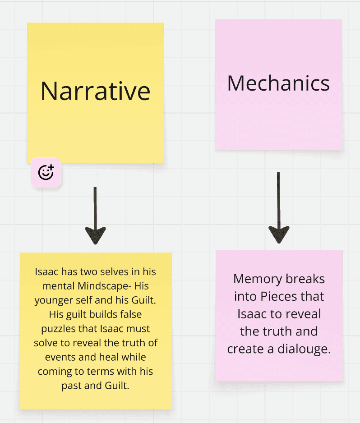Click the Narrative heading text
(x=95, y=91)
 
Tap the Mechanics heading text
(x=278, y=83)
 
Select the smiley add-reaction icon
(x=46, y=172)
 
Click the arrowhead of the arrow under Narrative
(x=95, y=234)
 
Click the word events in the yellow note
(x=60, y=357)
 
